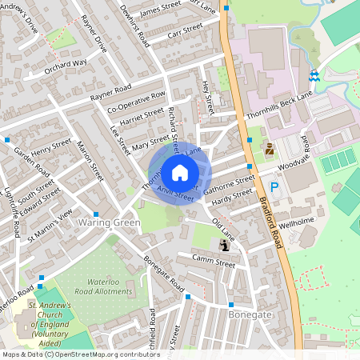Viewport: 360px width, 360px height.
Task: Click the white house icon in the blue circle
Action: (x=179, y=173)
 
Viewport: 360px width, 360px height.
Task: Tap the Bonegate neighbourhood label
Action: (x=250, y=315)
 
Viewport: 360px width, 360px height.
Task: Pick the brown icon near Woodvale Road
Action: (x=269, y=148)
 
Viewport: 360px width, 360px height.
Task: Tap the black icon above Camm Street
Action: (x=222, y=245)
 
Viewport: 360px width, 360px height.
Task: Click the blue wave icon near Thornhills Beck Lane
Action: (x=314, y=76)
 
